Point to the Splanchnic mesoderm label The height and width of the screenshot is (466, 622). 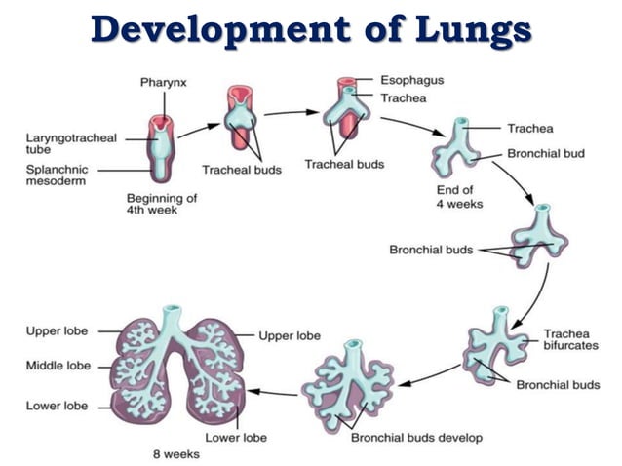(x=58, y=175)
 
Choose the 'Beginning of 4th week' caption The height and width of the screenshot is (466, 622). (x=162, y=204)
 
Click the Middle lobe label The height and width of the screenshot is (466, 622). (x=58, y=366)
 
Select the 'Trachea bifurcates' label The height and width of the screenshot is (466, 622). (x=565, y=340)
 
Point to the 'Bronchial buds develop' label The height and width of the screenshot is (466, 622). (x=416, y=438)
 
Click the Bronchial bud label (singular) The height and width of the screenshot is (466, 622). (x=545, y=154)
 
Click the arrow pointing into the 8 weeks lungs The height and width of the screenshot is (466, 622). (x=273, y=393)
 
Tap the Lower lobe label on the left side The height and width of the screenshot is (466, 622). (x=58, y=406)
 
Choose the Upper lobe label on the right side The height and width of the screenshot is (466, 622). (x=290, y=335)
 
